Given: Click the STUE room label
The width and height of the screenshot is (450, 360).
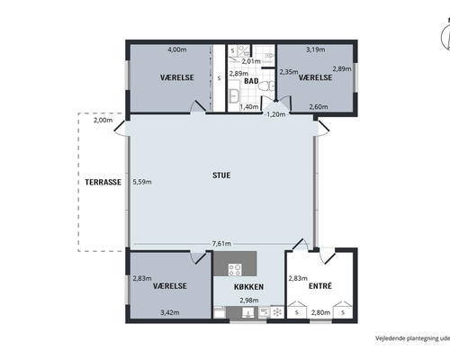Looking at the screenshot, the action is click(221, 175).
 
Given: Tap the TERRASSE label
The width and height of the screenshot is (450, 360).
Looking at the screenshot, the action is click(103, 182).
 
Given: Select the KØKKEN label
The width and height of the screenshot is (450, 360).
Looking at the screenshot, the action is click(248, 287).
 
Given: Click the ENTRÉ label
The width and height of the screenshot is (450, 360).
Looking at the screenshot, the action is click(320, 286).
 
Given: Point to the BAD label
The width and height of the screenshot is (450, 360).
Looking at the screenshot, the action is click(251, 81).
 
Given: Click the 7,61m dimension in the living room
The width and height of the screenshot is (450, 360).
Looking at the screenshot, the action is click(221, 244).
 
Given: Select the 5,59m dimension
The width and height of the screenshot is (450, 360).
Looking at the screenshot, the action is click(142, 182).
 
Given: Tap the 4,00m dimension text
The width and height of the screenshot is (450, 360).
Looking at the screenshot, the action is click(177, 49).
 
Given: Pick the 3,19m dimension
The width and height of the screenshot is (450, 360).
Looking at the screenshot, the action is click(315, 49).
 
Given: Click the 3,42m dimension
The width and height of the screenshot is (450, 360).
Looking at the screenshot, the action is click(170, 312).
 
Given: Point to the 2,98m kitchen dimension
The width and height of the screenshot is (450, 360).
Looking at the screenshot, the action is click(249, 300).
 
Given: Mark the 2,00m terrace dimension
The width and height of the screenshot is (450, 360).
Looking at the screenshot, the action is click(103, 121).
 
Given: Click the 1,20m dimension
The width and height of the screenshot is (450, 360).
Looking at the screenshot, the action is click(276, 114).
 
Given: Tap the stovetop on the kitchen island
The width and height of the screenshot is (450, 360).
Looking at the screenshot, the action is click(235, 269).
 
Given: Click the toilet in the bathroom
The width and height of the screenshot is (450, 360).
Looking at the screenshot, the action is click(266, 86).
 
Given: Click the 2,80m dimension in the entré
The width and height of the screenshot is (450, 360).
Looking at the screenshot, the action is click(320, 312).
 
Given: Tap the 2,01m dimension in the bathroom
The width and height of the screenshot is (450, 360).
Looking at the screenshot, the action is click(251, 61).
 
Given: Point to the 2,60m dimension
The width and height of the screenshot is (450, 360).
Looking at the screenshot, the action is click(319, 106).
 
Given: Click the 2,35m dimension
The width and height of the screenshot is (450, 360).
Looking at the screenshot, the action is click(289, 72).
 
